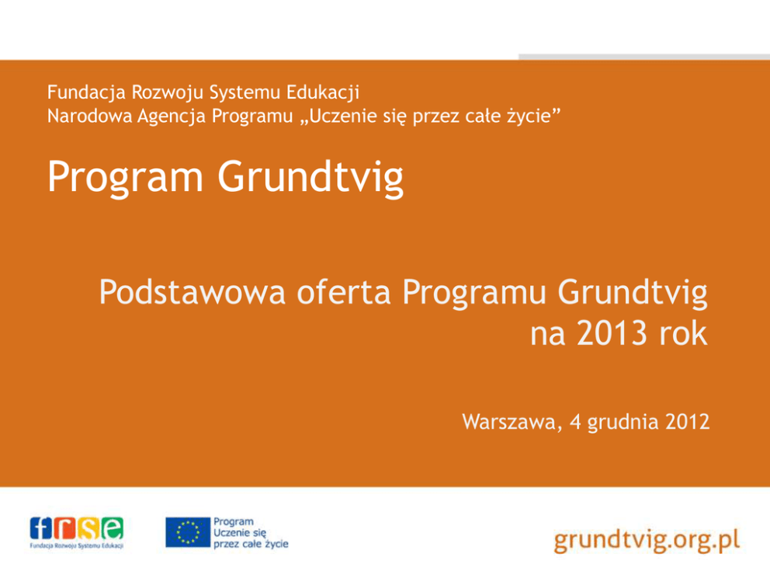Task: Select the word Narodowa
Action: (89, 117)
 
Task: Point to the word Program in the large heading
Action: (125, 178)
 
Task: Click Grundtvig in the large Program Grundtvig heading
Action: (310, 178)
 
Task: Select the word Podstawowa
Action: (192, 292)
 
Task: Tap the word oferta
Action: (344, 292)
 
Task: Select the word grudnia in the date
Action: (623, 423)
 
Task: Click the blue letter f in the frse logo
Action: (41, 528)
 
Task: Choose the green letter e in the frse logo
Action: (113, 528)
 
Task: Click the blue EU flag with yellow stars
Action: (188, 532)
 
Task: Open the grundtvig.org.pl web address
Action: (647, 541)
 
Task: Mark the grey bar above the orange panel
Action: (644, 57)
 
